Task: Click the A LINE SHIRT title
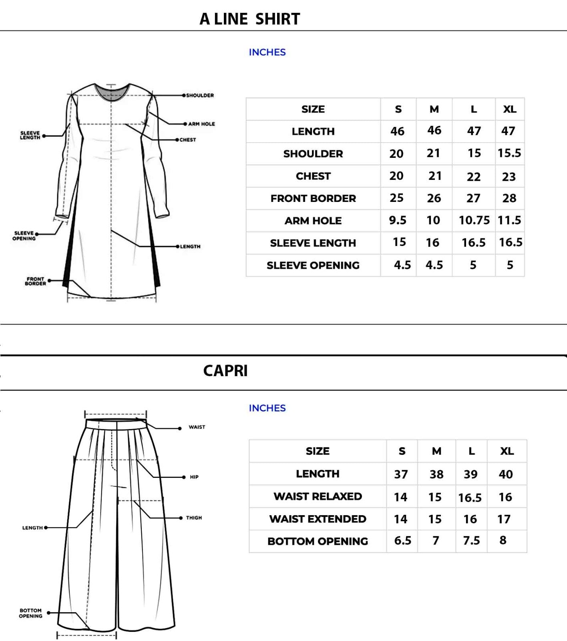point(250,19)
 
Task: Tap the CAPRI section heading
point(225,371)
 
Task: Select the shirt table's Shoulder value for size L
point(474,153)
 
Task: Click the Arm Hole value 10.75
point(474,220)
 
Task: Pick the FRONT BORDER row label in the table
point(313,198)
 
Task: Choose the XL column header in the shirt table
point(510,109)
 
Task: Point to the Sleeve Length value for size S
point(399,242)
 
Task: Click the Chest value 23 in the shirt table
point(509,177)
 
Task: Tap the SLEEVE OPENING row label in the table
point(313,265)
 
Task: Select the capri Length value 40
point(506,474)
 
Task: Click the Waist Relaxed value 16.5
point(470,498)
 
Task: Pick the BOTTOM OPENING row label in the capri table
point(318,541)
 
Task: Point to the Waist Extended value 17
point(504,519)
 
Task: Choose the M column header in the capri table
point(436,451)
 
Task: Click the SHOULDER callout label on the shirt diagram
point(200,95)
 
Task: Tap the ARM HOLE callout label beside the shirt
point(201,124)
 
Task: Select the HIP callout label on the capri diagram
point(194,477)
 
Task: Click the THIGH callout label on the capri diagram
point(194,518)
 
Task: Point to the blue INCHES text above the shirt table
point(267,52)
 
